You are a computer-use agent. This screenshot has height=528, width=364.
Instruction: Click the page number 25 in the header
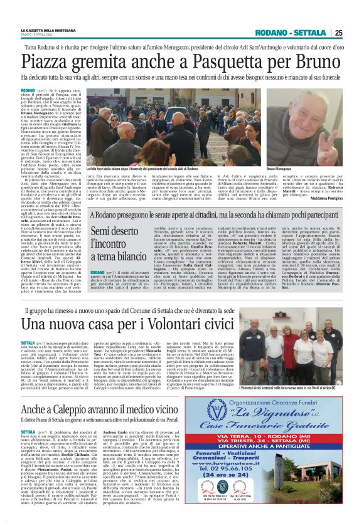[356, 33]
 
